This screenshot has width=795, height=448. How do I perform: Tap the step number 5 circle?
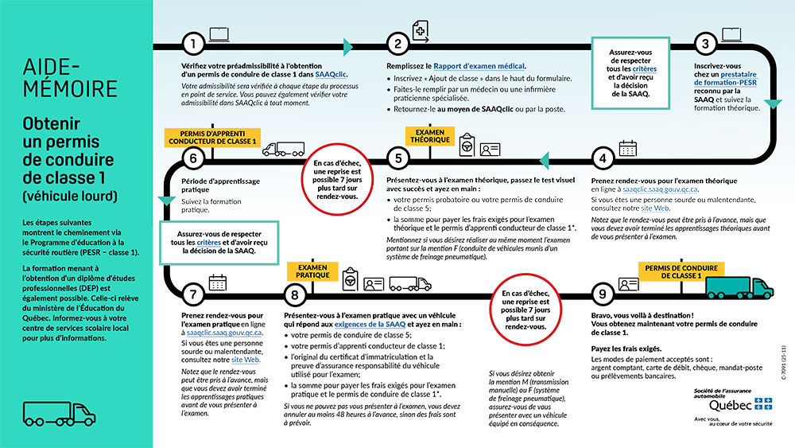pos(397,157)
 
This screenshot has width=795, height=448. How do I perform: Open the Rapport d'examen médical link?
pos(479,66)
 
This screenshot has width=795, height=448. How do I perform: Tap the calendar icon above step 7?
pos(217,282)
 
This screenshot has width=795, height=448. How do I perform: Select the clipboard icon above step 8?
pos(349,282)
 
